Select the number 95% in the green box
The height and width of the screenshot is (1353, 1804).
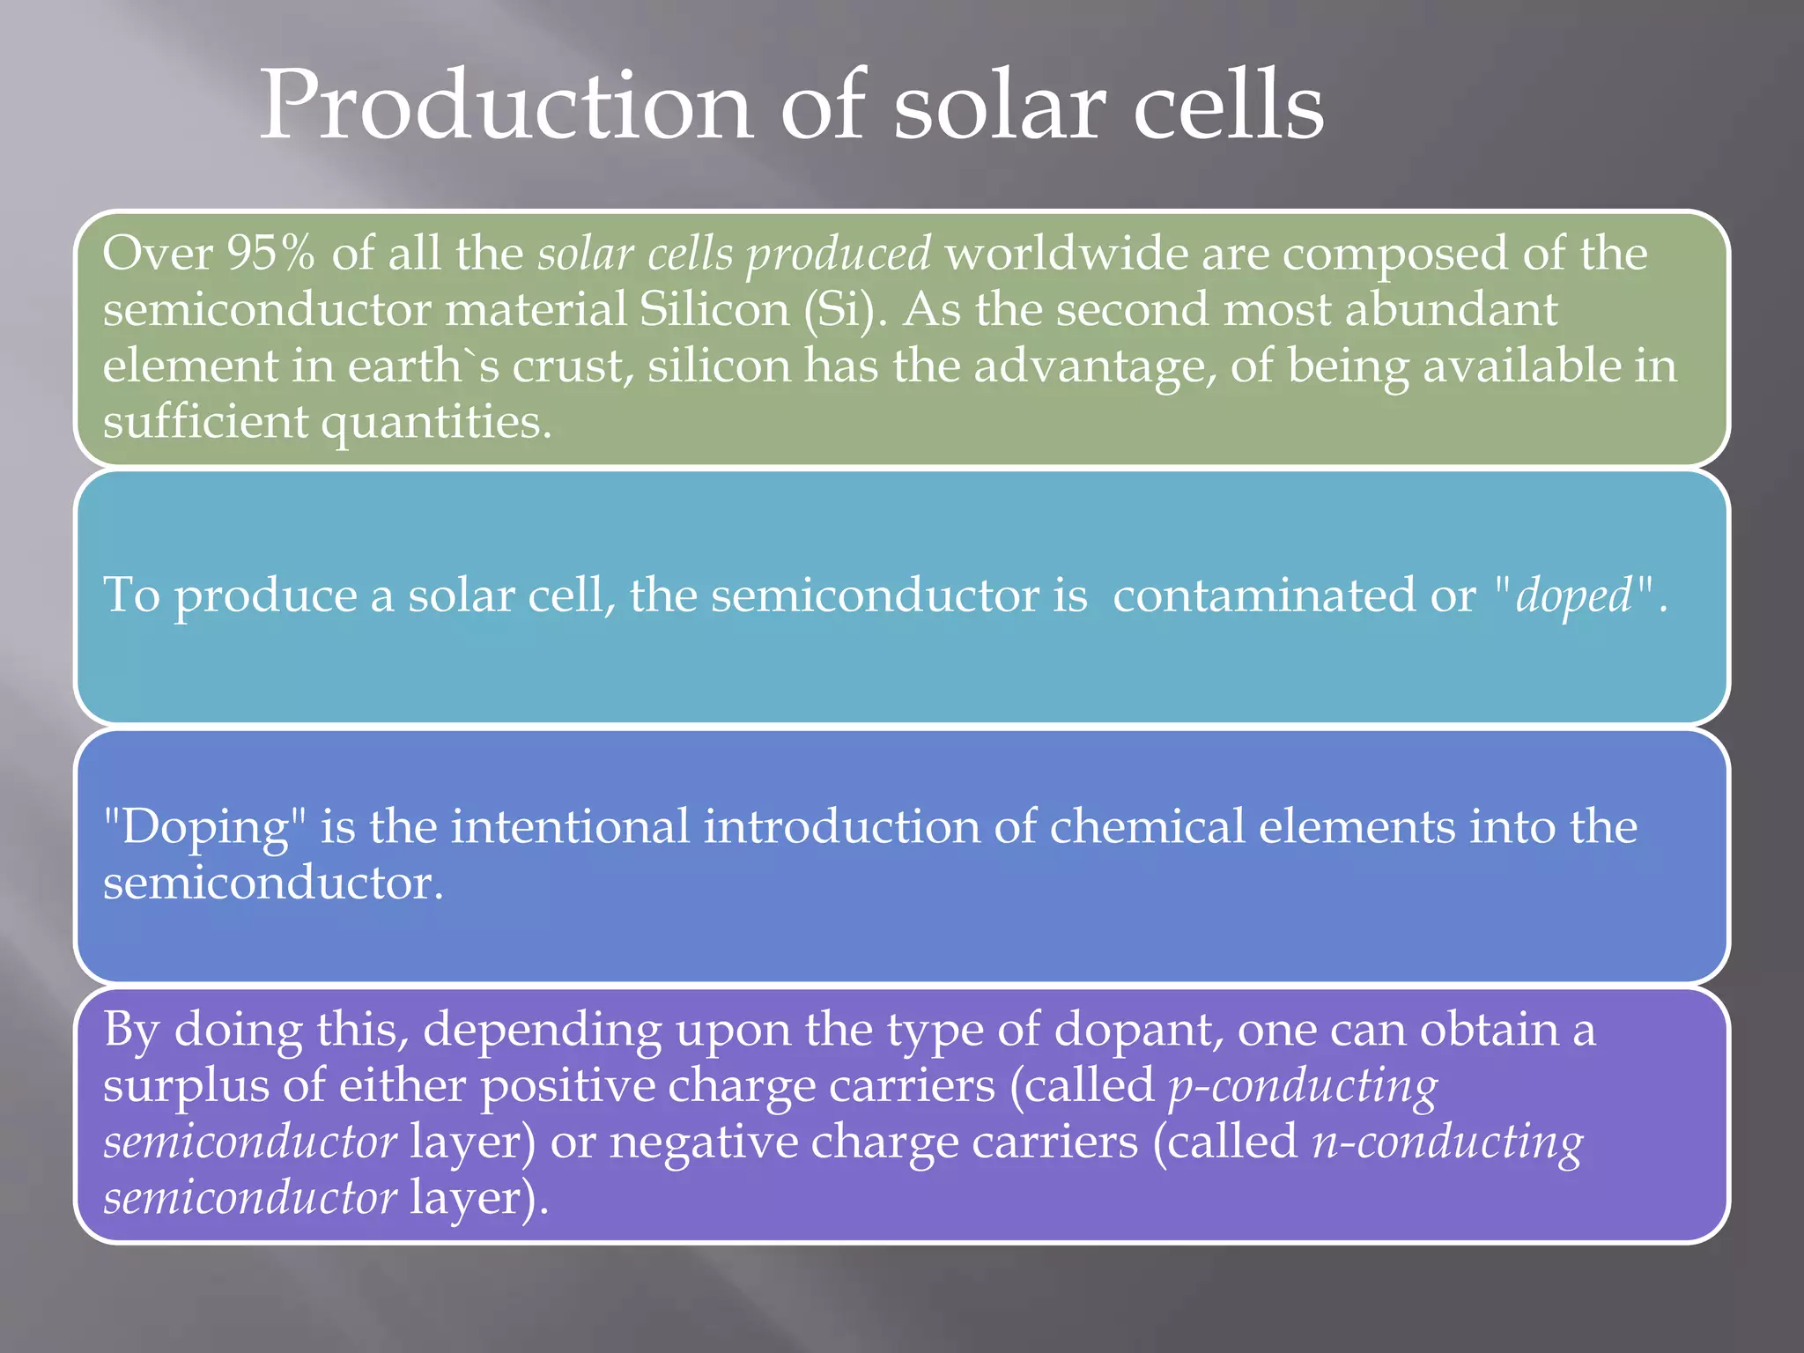point(270,254)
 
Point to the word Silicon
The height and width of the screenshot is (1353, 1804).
point(714,310)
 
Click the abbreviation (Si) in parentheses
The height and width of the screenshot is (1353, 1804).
point(845,310)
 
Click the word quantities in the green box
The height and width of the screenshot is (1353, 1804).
point(435,423)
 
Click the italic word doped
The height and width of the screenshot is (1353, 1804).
point(1573,595)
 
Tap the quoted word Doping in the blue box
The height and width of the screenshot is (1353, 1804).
point(204,828)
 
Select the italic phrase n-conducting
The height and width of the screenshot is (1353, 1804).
point(1446,1143)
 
